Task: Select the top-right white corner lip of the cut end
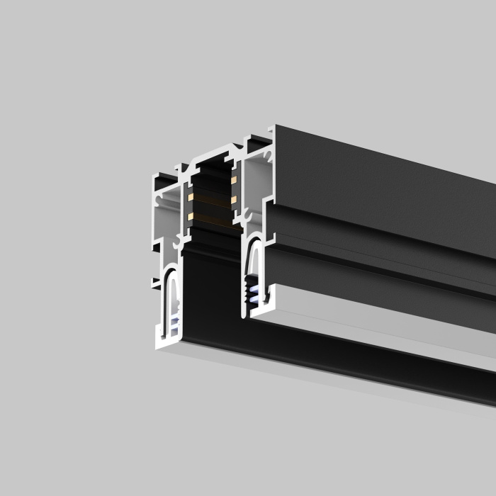271,130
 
